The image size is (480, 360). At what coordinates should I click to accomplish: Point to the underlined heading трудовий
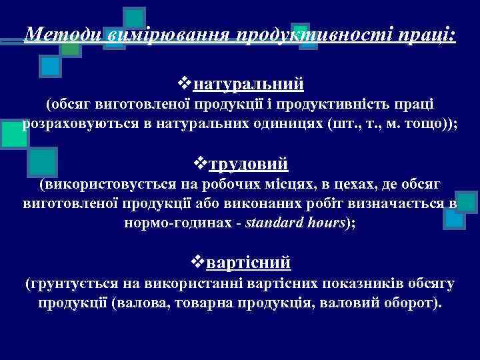pos(249,163)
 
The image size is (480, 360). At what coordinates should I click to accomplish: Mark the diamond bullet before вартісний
pos(198,262)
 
